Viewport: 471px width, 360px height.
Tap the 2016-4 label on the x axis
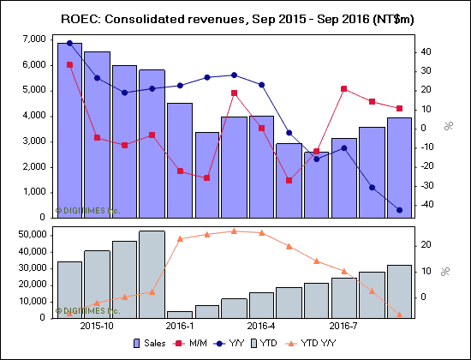[x=261, y=326]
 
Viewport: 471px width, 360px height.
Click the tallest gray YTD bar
[x=152, y=274]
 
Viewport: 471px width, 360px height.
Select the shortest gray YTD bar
[x=179, y=314]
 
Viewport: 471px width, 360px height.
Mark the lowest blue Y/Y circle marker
[x=399, y=210]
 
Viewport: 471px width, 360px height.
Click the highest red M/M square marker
[x=69, y=65]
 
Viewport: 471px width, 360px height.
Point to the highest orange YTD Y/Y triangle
[x=234, y=231]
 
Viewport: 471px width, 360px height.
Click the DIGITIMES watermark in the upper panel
[x=86, y=210]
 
